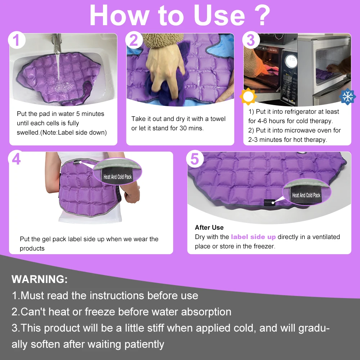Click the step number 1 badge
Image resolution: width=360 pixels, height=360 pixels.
point(17,40)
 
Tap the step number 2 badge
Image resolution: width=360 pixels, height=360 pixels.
point(134,40)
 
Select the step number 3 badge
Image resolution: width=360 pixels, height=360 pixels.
point(251,40)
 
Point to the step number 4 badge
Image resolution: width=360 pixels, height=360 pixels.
point(16,159)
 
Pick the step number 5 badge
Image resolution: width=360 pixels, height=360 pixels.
point(195,159)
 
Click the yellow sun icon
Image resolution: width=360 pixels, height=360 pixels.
point(248,96)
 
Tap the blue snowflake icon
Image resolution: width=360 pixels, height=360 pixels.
point(347,96)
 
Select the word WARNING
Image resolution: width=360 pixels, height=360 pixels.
point(40,279)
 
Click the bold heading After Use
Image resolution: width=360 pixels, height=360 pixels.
point(209,228)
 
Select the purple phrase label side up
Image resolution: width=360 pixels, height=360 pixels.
point(253,237)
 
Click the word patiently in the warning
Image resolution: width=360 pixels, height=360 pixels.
point(144,344)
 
